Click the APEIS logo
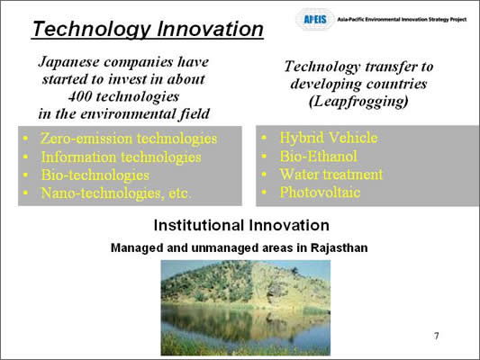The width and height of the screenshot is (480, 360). click(315, 20)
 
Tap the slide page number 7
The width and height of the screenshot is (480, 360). click(437, 336)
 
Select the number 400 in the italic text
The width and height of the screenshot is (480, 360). click(79, 96)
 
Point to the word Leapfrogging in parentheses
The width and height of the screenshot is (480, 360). click(358, 101)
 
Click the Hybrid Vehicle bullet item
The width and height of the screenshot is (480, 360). click(329, 138)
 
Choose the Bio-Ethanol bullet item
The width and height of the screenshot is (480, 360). click(319, 156)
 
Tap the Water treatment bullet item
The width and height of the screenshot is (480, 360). click(331, 175)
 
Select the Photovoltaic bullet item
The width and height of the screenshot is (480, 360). click(320, 193)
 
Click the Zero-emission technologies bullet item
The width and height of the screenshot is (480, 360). click(129, 139)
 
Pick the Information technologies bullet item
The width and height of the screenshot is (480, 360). click(122, 157)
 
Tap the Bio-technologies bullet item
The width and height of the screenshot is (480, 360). click(95, 175)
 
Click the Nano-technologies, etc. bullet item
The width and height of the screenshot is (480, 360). click(116, 193)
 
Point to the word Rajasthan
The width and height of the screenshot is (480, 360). click(340, 247)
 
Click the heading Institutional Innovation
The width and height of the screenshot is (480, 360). click(241, 225)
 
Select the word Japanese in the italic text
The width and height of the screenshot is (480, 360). click(69, 62)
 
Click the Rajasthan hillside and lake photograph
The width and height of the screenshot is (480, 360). click(246, 308)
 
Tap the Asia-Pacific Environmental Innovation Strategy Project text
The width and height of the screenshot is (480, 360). click(402, 19)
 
